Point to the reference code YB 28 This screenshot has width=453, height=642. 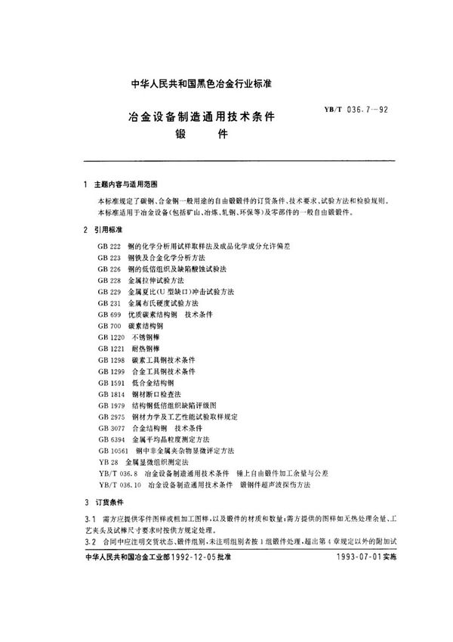click(107, 460)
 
